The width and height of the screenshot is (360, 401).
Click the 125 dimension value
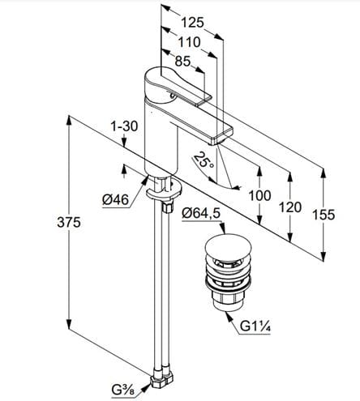click(x=192, y=23)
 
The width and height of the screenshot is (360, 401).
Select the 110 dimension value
click(x=189, y=42)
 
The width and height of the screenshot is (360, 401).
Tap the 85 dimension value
click(x=182, y=62)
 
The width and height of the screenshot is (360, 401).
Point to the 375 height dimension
click(x=69, y=223)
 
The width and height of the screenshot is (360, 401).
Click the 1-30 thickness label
click(x=124, y=126)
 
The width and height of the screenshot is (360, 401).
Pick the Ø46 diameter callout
click(x=115, y=200)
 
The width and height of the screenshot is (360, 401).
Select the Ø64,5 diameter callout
click(x=201, y=213)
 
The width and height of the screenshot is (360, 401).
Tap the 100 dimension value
click(x=259, y=195)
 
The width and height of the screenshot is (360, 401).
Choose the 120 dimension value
click(x=290, y=207)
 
